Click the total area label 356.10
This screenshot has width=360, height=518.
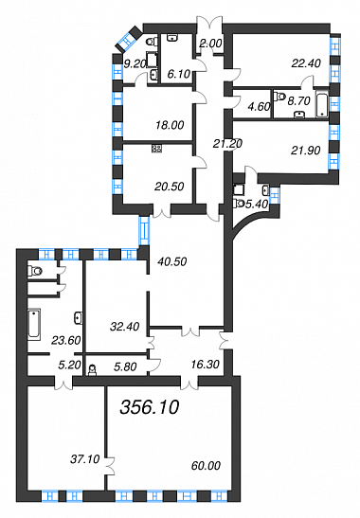point(150,406)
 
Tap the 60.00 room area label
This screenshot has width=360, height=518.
point(206,466)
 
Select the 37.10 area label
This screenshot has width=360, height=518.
point(85,459)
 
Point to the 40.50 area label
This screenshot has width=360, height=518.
point(172,261)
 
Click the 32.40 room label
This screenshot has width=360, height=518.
point(125,327)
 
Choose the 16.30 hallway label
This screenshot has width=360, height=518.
point(206,365)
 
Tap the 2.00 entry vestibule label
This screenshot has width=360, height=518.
point(211,44)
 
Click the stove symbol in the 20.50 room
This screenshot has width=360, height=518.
point(156,149)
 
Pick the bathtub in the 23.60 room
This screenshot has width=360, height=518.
point(34,324)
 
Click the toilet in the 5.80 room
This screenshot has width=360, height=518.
point(92,370)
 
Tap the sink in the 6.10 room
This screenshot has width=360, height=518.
point(171,37)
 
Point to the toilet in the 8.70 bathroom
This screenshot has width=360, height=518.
point(279,96)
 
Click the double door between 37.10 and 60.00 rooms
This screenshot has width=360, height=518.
point(110,466)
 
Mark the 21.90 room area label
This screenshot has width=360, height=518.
point(306,151)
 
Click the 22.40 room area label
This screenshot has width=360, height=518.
point(306,63)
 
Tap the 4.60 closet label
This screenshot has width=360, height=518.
point(260,106)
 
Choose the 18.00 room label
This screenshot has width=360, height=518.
point(170,125)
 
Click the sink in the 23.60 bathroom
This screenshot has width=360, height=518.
point(78,317)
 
